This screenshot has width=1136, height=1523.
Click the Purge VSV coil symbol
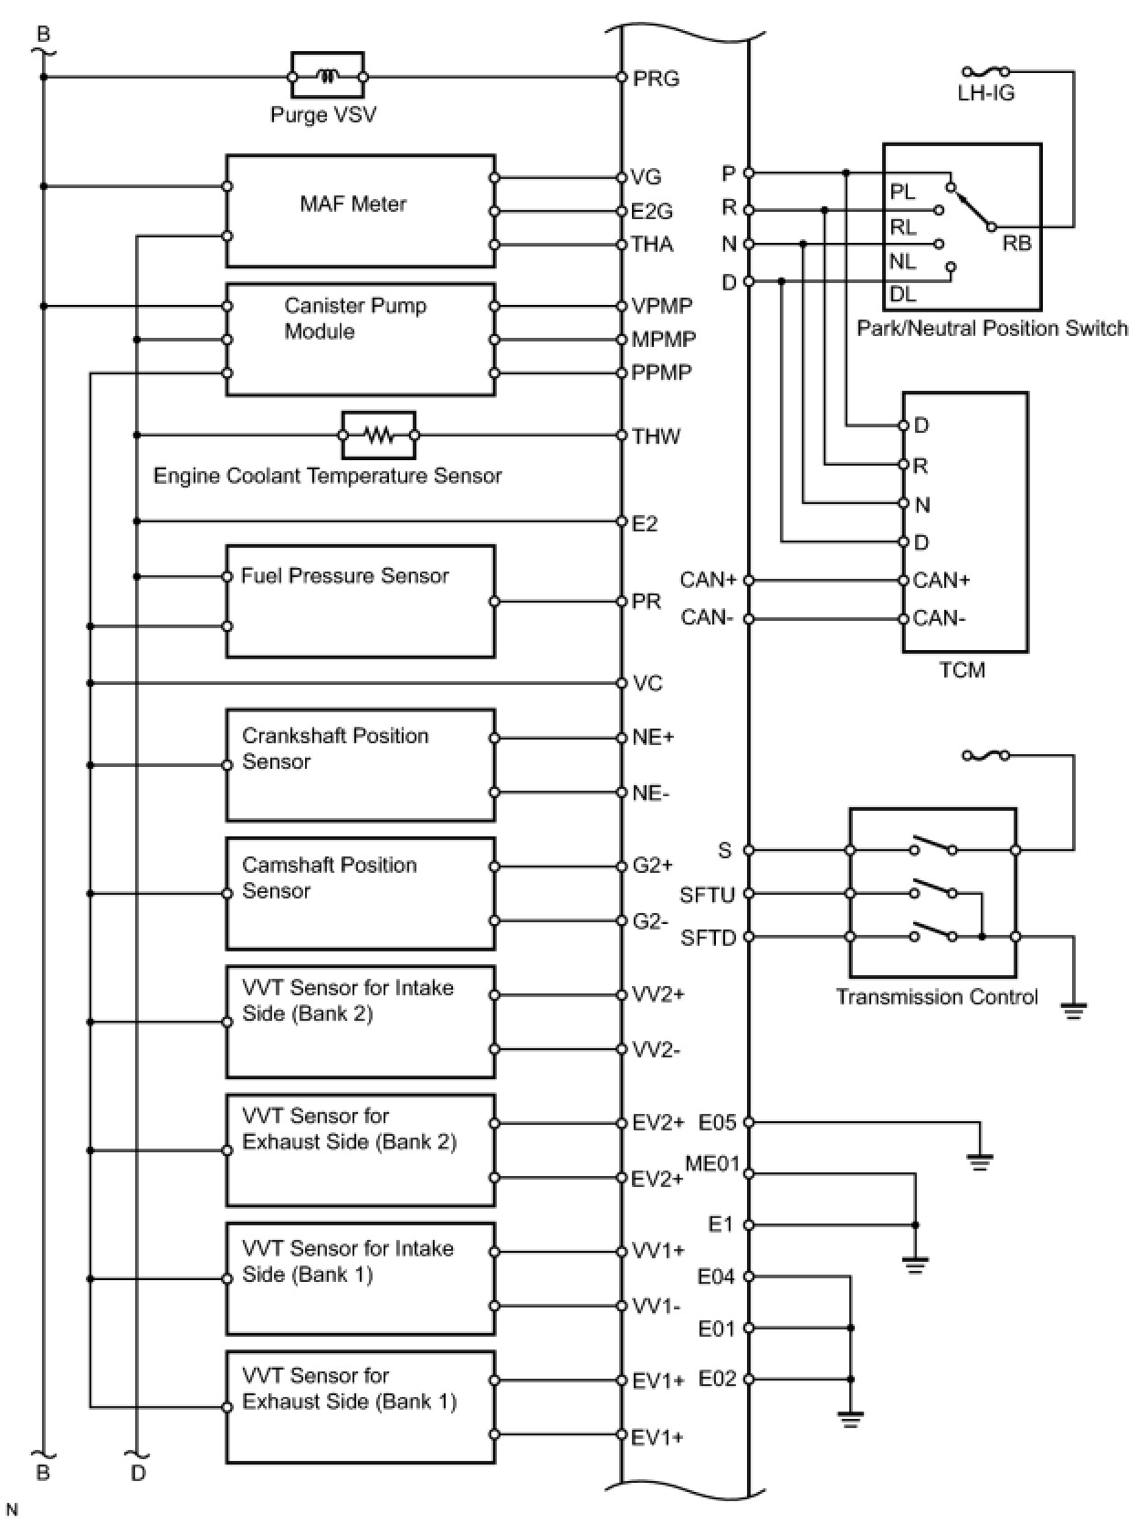point(328,77)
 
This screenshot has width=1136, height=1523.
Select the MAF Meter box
point(361,211)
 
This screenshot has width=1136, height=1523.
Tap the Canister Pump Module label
point(355,318)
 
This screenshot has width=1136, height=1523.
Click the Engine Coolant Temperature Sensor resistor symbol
point(378,435)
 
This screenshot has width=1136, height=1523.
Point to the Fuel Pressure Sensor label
point(344,576)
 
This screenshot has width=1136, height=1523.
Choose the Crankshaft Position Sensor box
point(361,765)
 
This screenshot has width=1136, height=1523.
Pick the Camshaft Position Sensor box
point(361,894)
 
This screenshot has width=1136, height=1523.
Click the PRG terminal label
point(656,79)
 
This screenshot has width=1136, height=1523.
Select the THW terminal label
point(656,436)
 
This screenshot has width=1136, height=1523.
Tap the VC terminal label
point(647,684)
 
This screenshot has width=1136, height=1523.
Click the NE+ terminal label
point(653,737)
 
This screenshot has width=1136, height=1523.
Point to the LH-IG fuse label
point(985,93)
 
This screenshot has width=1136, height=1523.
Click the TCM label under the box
point(962,670)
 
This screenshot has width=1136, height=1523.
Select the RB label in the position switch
point(1016,244)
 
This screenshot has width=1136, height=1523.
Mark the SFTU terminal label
point(707,895)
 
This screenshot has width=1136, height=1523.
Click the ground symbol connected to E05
point(979,1162)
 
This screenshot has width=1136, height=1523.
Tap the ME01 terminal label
point(711,1163)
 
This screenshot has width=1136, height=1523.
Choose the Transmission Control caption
point(937,997)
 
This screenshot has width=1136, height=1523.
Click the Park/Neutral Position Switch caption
point(992,329)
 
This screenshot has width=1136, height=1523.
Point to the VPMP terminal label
point(662,306)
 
